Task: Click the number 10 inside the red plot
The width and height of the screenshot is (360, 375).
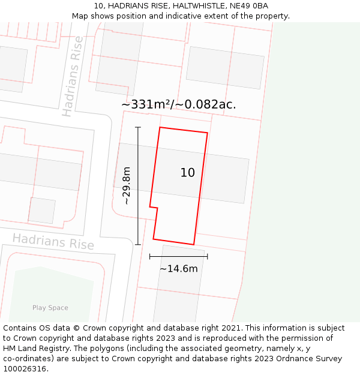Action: (187, 173)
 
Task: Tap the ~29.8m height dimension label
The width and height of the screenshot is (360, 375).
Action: (126, 186)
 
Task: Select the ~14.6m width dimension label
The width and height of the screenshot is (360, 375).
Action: (178, 269)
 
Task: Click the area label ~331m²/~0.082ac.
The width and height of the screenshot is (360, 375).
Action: (179, 104)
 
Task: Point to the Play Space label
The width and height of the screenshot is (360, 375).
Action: (50, 308)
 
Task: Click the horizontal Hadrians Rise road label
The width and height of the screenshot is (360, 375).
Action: (53, 241)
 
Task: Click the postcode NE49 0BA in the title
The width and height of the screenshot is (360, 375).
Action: (246, 6)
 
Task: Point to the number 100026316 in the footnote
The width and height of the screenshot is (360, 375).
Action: (24, 369)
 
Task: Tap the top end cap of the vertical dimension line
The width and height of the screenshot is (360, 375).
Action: (138, 127)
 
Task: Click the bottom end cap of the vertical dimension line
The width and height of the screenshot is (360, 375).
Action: (138, 244)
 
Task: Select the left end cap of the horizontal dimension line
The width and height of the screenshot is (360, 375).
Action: (150, 256)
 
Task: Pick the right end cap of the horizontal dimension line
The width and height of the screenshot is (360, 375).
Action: (207, 256)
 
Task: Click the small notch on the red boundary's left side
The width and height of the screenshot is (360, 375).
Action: (154, 208)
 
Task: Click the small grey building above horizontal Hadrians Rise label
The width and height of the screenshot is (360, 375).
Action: (42, 211)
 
